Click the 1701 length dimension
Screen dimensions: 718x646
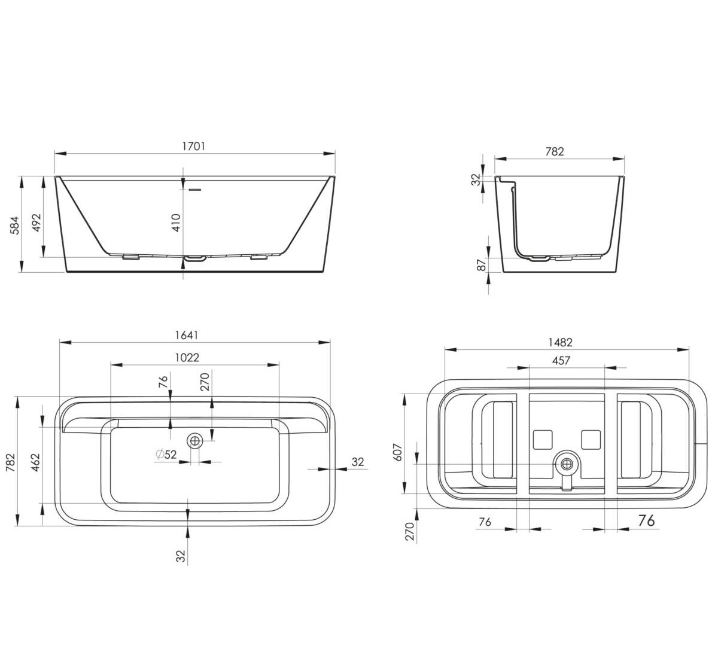click(x=194, y=147)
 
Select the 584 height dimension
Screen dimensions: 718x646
click(x=15, y=225)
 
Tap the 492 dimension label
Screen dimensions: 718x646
click(x=37, y=223)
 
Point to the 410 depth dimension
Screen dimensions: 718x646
click(x=176, y=223)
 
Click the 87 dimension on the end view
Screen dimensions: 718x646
click(x=482, y=265)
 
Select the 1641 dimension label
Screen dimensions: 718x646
click(x=187, y=335)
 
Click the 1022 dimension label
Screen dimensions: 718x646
click(x=187, y=358)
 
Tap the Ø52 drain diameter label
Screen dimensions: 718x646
click(x=166, y=454)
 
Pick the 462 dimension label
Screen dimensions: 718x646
click(x=35, y=462)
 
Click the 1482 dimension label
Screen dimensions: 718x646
click(x=561, y=343)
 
